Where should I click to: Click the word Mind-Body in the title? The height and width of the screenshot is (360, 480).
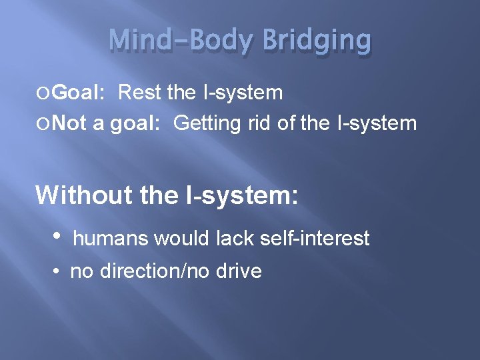click(x=181, y=41)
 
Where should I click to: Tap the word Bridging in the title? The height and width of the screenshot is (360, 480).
click(x=317, y=41)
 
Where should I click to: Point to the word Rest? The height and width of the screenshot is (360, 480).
click(x=140, y=93)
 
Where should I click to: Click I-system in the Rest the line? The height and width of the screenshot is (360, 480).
click(x=243, y=93)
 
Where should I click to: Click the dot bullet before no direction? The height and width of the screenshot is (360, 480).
click(x=59, y=272)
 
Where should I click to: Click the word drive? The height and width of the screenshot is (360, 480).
click(x=238, y=272)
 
